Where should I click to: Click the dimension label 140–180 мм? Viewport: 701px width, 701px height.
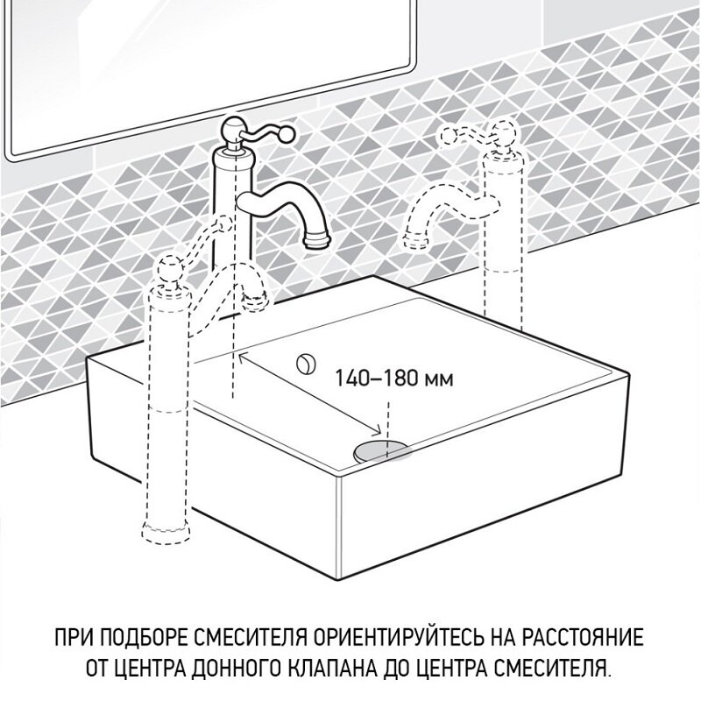pyautogui.click(x=394, y=379)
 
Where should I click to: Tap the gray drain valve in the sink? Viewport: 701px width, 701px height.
pyautogui.click(x=381, y=450)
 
